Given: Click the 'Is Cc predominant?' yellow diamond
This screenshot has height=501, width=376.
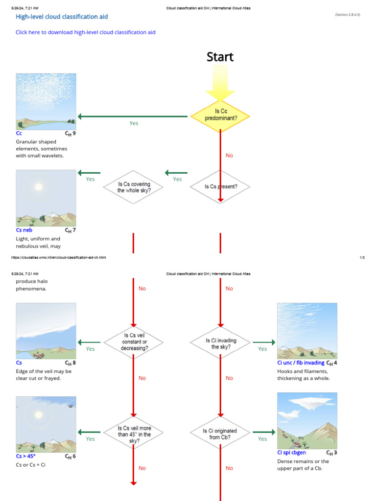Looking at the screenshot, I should [220, 116].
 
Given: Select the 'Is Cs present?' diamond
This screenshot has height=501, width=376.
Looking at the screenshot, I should [220, 186].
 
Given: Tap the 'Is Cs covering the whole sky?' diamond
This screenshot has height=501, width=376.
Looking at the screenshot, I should [133, 186].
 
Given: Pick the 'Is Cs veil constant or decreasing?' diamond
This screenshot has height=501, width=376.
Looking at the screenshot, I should [133, 342].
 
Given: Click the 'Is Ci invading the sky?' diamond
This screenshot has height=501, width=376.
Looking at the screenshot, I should [220, 342].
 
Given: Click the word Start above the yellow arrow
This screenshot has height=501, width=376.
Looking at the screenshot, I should [220, 57].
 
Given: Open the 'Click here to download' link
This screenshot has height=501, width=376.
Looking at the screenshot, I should [86, 32].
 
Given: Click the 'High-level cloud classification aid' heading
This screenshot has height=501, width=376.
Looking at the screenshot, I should [62, 17].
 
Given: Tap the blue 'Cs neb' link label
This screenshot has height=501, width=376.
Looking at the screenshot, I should [24, 230].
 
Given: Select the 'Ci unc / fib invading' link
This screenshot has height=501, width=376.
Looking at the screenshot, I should [301, 363].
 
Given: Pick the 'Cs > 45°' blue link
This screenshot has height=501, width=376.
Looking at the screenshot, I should [25, 456].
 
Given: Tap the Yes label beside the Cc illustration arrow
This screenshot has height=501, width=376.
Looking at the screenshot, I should [134, 123].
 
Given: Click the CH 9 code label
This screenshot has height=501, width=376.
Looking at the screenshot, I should [70, 133].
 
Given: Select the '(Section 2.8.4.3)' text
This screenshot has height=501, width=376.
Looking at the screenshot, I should [347, 15].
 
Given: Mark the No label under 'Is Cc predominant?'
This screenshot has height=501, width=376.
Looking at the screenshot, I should [229, 156].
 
